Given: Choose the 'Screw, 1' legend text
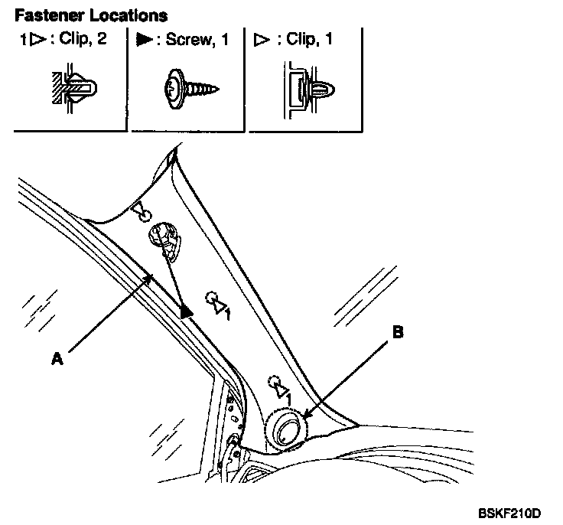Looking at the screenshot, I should [x=201, y=39].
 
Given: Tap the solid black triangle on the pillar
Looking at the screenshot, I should [x=187, y=310].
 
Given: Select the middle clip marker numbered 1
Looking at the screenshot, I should [x=218, y=304].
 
